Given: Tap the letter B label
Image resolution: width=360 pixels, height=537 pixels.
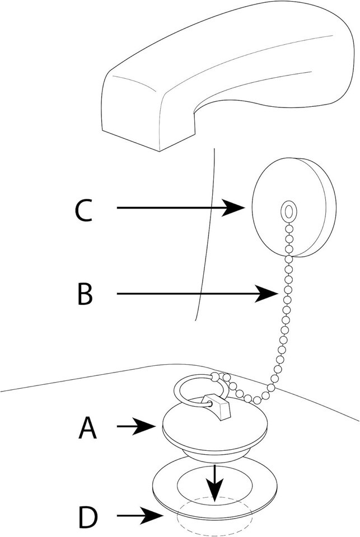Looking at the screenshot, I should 84,293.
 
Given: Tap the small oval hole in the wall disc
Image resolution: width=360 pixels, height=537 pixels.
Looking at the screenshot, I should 287,211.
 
